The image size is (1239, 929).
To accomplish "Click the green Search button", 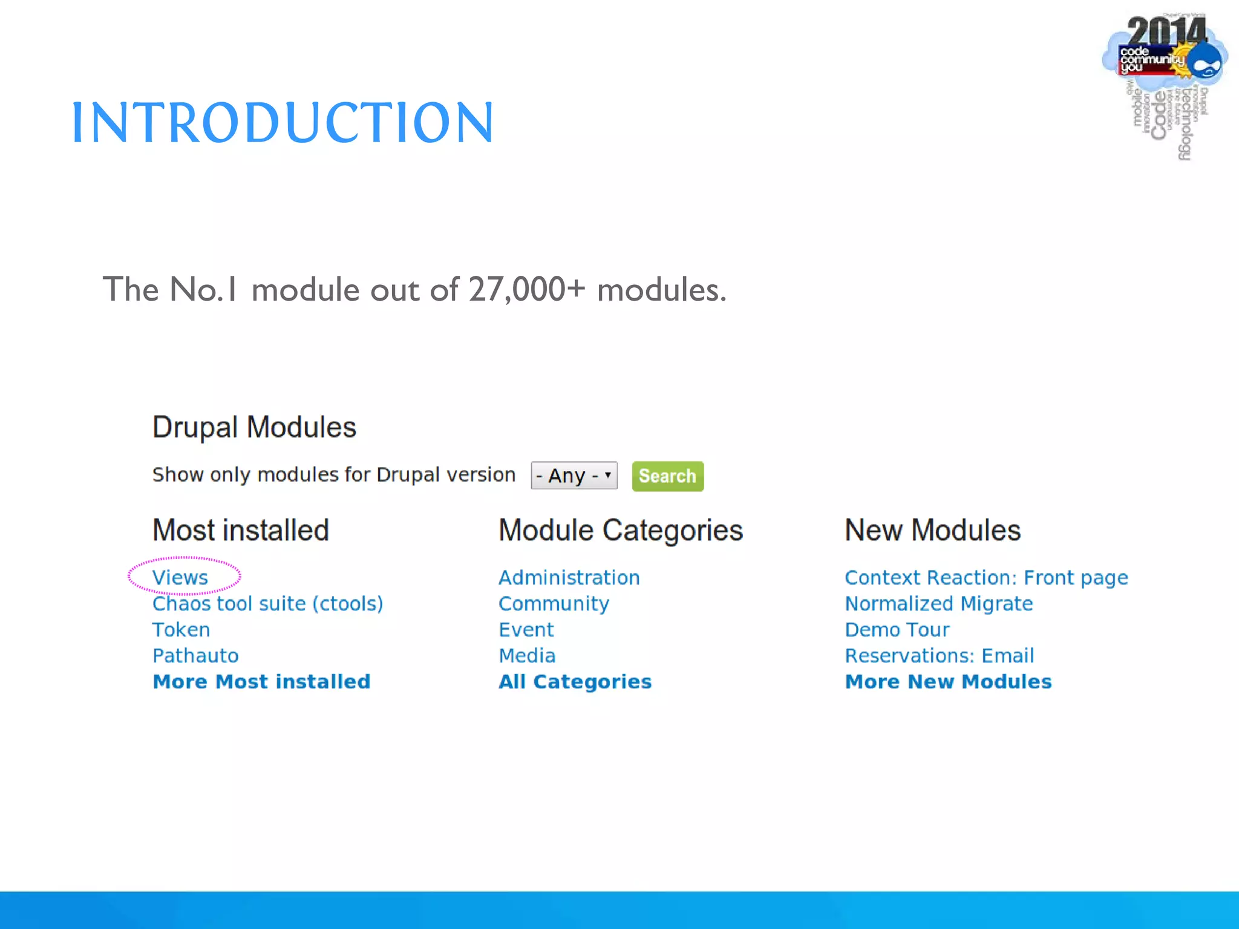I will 667,476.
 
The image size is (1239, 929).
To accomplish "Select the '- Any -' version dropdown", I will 574,476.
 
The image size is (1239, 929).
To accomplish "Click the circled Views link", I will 180,578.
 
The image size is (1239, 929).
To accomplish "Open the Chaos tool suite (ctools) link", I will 267,604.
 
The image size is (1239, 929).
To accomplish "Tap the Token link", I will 181,630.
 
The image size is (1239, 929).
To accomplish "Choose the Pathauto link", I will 195,656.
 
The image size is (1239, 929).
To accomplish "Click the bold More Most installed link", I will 261,682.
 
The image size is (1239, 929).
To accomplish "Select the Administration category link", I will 569,578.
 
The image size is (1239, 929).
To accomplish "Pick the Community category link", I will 554,604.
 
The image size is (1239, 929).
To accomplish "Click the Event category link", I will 526,630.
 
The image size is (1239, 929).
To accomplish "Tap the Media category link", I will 527,656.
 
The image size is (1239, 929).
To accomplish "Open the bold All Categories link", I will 575,682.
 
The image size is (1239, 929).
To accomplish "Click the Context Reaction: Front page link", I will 986,578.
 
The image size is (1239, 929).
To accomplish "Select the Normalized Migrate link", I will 939,604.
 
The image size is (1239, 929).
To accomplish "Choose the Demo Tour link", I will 897,630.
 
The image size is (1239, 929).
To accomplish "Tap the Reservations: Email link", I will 940,656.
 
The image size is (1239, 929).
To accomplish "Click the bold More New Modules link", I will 948,682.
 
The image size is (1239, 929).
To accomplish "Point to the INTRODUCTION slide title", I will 283,123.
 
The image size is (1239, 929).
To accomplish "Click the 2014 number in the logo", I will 1165,30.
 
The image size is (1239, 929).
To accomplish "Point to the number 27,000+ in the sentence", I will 526,289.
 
